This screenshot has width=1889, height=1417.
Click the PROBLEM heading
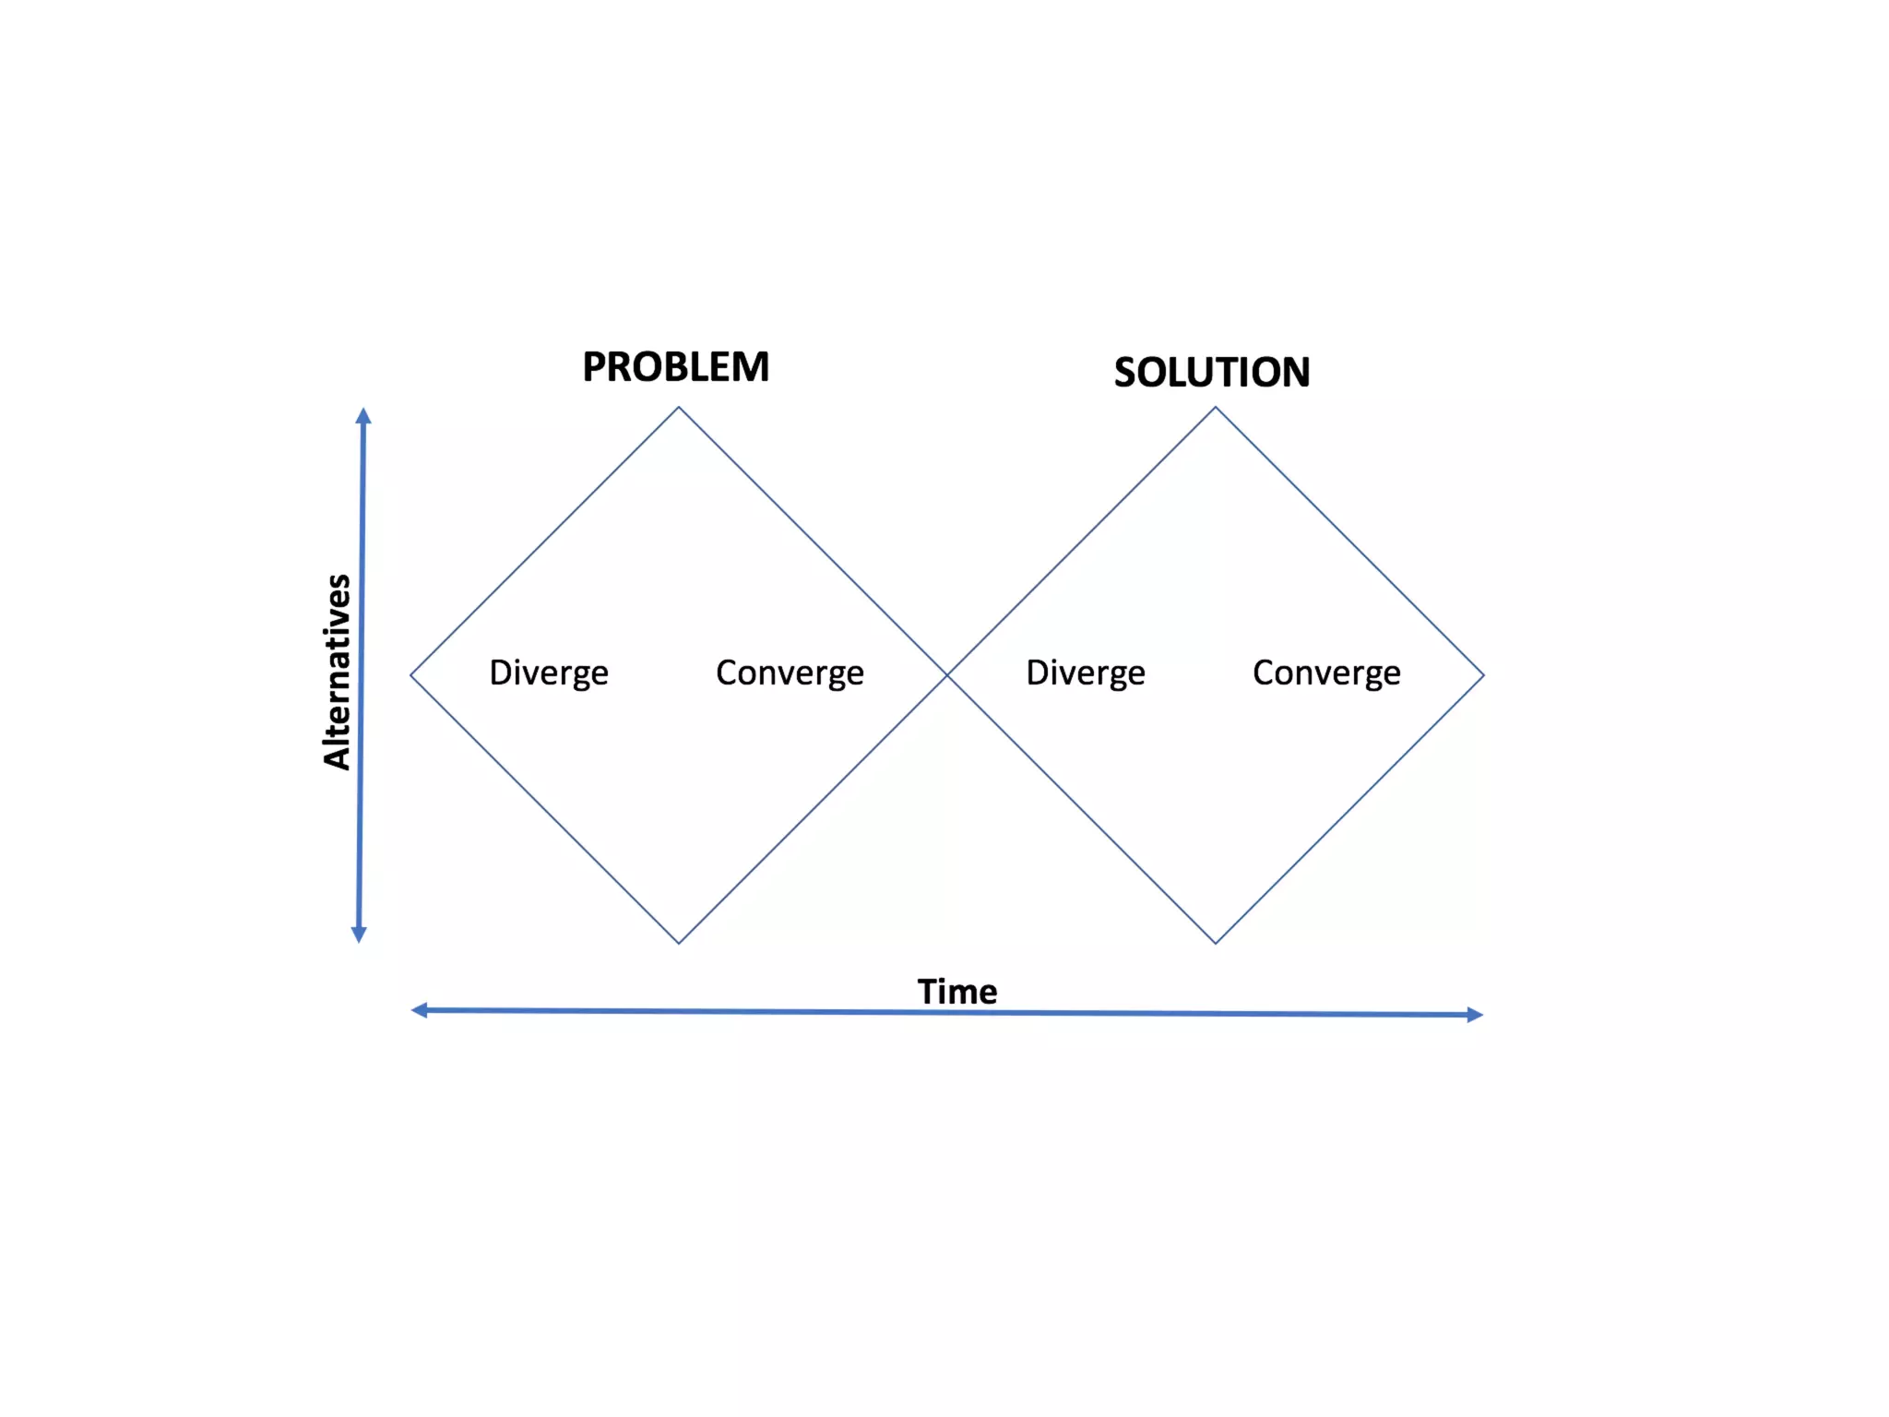click(675, 367)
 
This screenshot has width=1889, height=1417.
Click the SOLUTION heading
click(1211, 373)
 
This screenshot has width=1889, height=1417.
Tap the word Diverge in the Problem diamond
click(549, 673)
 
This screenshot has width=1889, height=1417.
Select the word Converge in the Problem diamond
click(790, 673)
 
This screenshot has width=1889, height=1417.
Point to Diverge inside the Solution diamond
click(1086, 673)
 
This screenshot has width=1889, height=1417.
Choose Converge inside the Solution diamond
click(1326, 673)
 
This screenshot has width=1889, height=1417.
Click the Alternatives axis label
click(338, 672)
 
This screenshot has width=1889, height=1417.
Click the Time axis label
click(956, 992)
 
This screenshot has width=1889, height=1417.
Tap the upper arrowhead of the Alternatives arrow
click(363, 416)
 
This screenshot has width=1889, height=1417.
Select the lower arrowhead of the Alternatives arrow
click(360, 934)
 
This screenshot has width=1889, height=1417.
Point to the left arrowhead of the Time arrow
click(420, 1010)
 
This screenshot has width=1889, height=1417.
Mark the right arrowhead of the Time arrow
click(1474, 1015)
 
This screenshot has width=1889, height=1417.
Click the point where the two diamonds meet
click(947, 675)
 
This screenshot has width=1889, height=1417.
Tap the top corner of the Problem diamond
click(679, 408)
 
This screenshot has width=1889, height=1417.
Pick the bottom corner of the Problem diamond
click(679, 943)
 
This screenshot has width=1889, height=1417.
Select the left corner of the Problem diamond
click(411, 675)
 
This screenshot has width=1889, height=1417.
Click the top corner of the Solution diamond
click(1216, 408)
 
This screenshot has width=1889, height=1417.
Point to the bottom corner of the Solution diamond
click(1216, 943)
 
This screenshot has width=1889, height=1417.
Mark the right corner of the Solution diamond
click(1483, 675)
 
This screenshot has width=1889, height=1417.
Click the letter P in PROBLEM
click(595, 367)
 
